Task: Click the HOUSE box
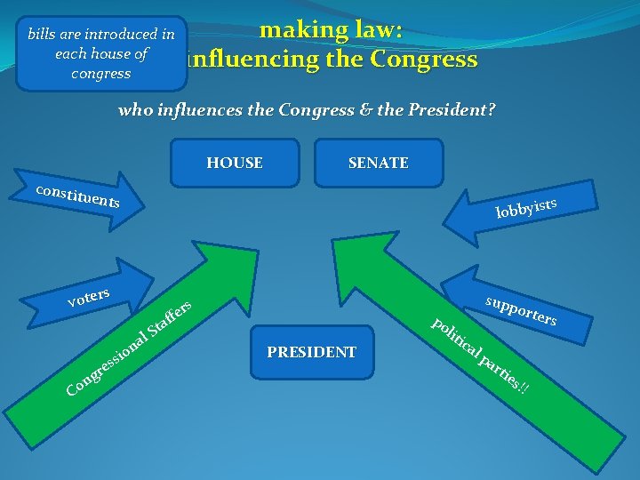tap(235, 163)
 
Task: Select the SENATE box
tap(379, 163)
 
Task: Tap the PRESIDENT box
tap(311, 352)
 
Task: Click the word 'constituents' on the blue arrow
tap(77, 196)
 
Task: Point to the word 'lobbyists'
tap(526, 207)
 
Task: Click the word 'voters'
tap(88, 297)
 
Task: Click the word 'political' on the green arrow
tap(455, 339)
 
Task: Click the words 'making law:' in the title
tap(331, 29)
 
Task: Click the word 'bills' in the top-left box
tap(41, 35)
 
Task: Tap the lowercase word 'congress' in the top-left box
tap(100, 73)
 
